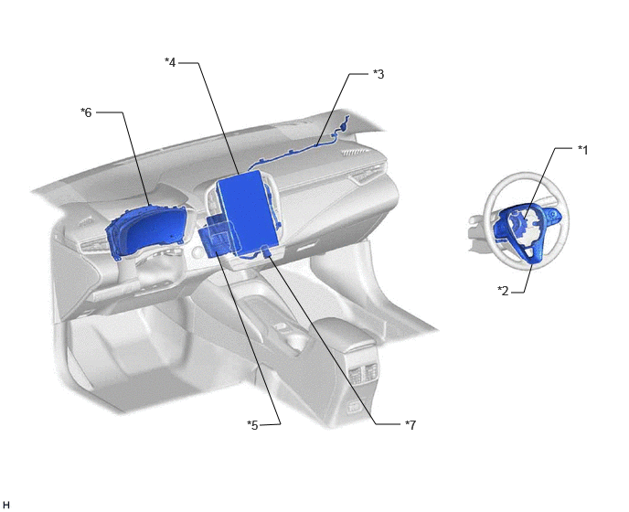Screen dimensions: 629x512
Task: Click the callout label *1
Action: pyautogui.click(x=582, y=150)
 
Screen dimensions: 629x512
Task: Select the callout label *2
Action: pyautogui.click(x=503, y=291)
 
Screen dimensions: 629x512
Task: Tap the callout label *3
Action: pyautogui.click(x=378, y=74)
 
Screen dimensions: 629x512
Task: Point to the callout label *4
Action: pyautogui.click(x=170, y=62)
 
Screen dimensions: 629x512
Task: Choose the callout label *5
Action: pyautogui.click(x=252, y=425)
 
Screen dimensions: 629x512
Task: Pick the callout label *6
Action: pyautogui.click(x=86, y=112)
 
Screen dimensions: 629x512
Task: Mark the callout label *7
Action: pyautogui.click(x=410, y=424)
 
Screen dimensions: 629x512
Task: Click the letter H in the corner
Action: pyautogui.click(x=5, y=506)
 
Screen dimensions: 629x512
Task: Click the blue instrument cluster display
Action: pyautogui.click(x=148, y=231)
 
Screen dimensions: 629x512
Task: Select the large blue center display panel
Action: pyautogui.click(x=248, y=213)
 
